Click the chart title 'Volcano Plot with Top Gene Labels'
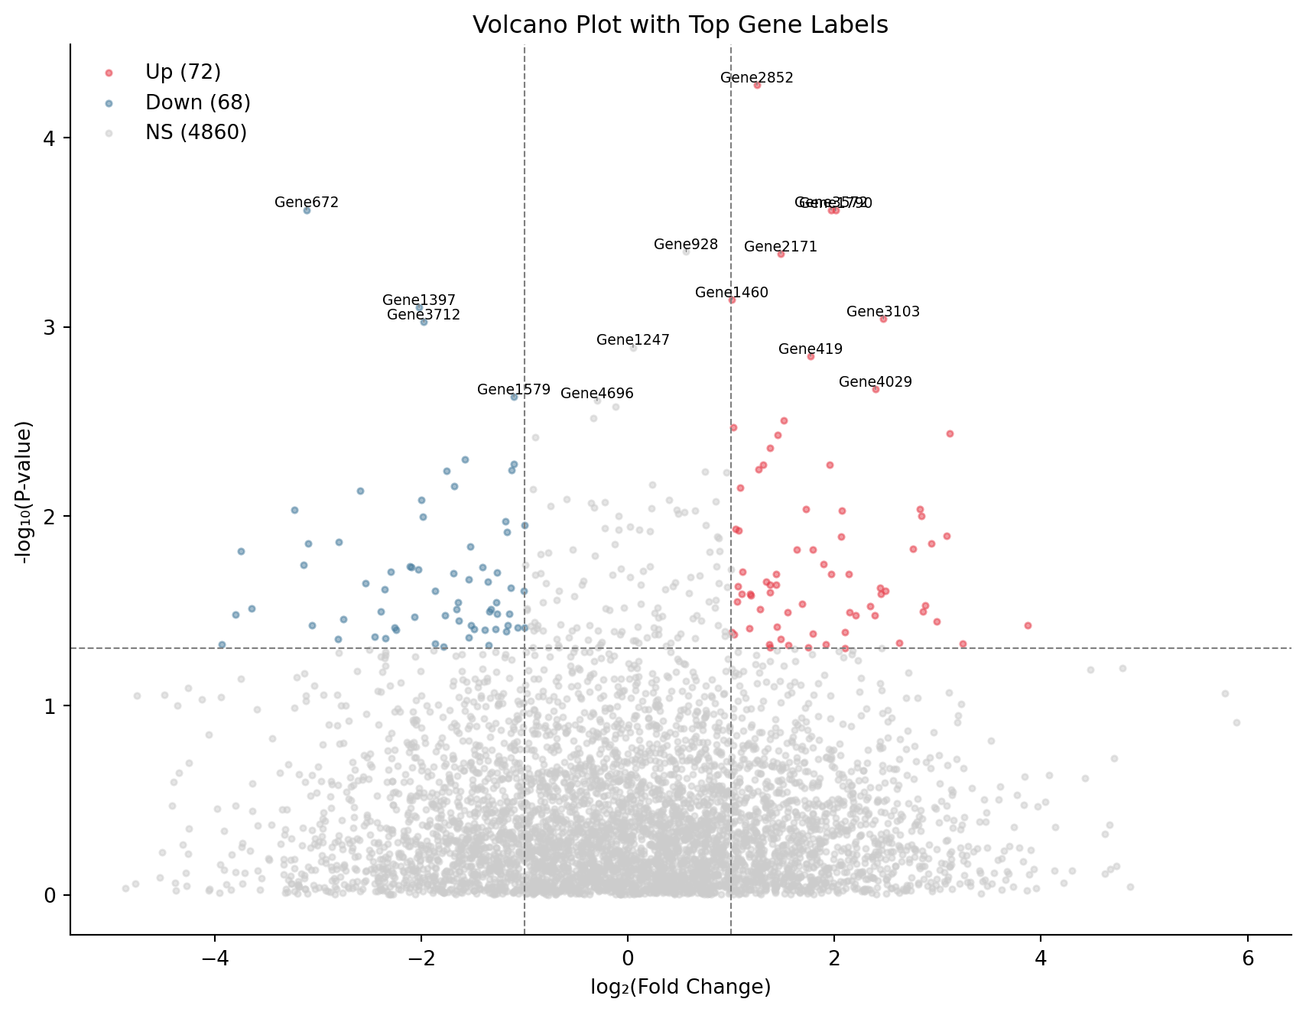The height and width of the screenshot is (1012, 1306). pos(680,25)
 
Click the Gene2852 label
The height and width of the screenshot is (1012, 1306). pos(757,77)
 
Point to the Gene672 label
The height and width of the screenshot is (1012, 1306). pos(306,203)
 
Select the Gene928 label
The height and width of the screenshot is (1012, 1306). pos(686,245)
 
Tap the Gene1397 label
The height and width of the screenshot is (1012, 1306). pos(419,300)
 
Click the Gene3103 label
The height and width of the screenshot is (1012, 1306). pos(883,312)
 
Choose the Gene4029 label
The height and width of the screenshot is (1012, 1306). pos(876,382)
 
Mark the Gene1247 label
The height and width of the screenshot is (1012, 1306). pos(633,340)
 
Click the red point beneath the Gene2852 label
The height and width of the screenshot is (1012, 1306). pos(757,86)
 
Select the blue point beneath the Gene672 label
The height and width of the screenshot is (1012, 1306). pos(307,210)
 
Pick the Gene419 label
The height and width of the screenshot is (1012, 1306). pos(811,349)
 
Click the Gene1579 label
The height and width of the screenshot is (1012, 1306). pos(514,390)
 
